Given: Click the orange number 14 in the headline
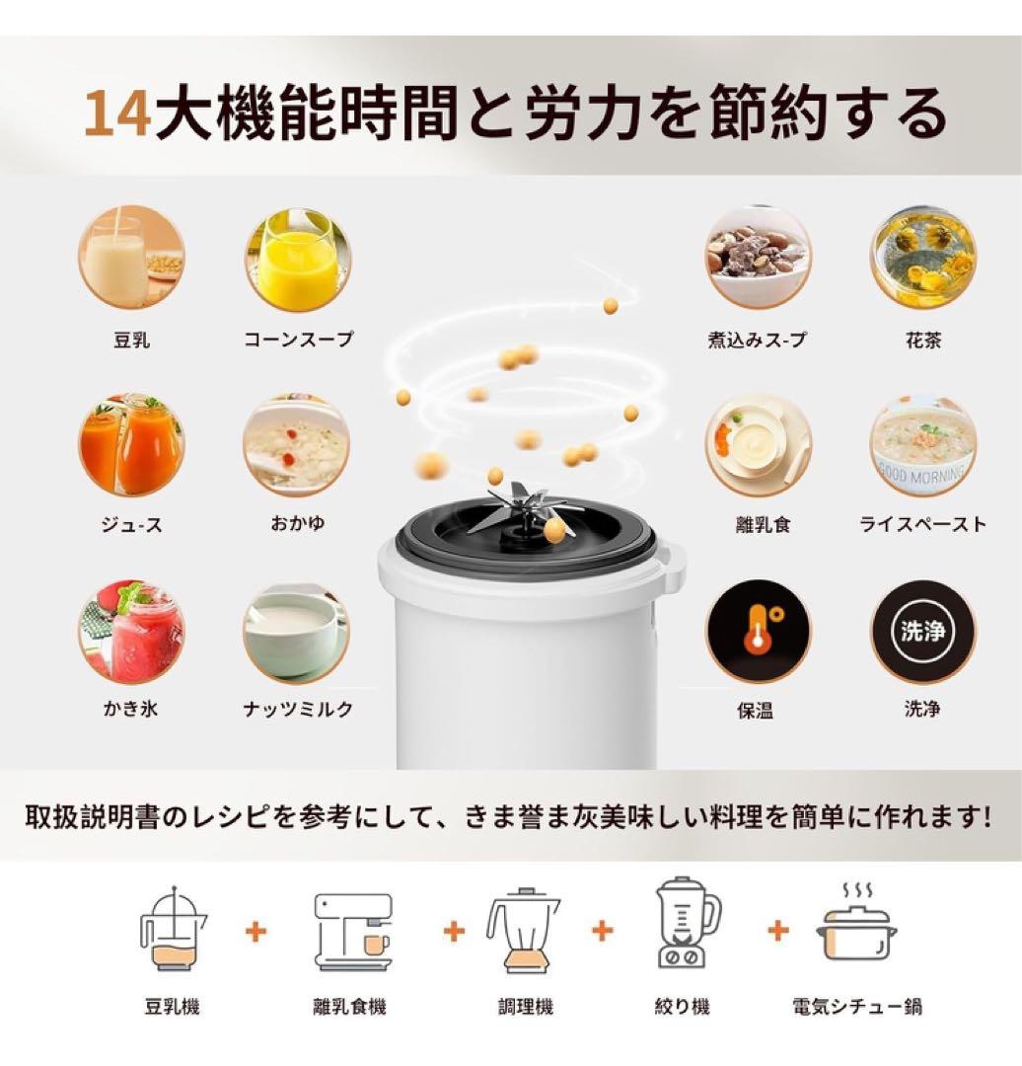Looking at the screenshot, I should (x=117, y=114).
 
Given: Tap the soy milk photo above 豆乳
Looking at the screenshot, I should (x=131, y=258).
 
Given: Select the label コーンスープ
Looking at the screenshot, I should (x=298, y=340).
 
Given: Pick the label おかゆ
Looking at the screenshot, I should (x=297, y=524).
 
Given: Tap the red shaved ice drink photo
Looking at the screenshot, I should (x=131, y=631).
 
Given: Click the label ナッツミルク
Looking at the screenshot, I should (x=297, y=710).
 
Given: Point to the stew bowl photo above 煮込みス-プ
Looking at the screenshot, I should (x=758, y=258).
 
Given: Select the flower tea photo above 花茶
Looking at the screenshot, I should (x=923, y=258).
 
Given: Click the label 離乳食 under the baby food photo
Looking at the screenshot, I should (x=757, y=524).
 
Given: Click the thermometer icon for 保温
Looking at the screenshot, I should (x=758, y=631).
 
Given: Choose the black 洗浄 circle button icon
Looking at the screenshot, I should (x=923, y=631).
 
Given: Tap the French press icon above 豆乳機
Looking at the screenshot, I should (x=173, y=929).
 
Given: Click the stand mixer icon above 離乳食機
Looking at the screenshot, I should (x=352, y=931).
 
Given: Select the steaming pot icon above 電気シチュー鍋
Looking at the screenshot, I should (x=856, y=928).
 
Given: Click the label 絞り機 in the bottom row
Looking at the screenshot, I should (x=682, y=1007).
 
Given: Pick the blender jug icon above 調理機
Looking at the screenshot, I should (x=522, y=931).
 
